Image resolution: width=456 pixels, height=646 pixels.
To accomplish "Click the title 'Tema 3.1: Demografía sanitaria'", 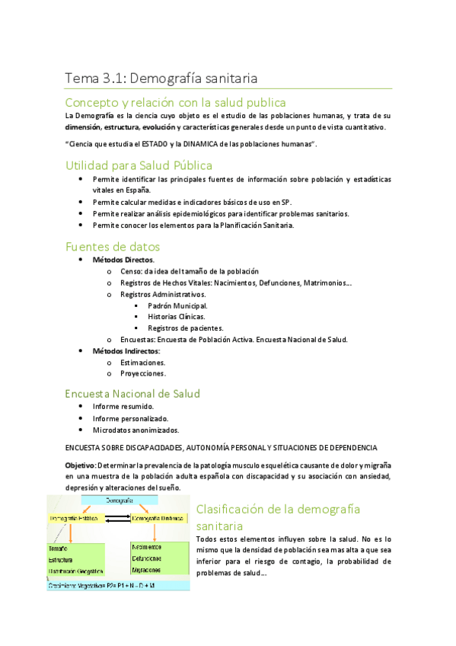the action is (161, 78).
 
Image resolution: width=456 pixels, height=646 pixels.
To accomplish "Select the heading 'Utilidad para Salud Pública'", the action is (139, 165).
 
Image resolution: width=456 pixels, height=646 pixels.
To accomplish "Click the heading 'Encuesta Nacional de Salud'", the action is (132, 394).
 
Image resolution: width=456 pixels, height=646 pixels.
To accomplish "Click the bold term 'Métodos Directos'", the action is (123, 260).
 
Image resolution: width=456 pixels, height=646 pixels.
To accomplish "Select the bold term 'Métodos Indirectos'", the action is (126, 350).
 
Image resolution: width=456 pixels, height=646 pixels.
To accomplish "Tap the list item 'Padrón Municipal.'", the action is (177, 305).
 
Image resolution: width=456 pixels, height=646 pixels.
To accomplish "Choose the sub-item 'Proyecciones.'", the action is (143, 373).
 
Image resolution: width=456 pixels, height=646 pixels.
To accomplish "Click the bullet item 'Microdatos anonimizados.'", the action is (134, 429).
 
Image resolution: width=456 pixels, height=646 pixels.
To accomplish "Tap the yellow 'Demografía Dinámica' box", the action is (158, 519).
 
